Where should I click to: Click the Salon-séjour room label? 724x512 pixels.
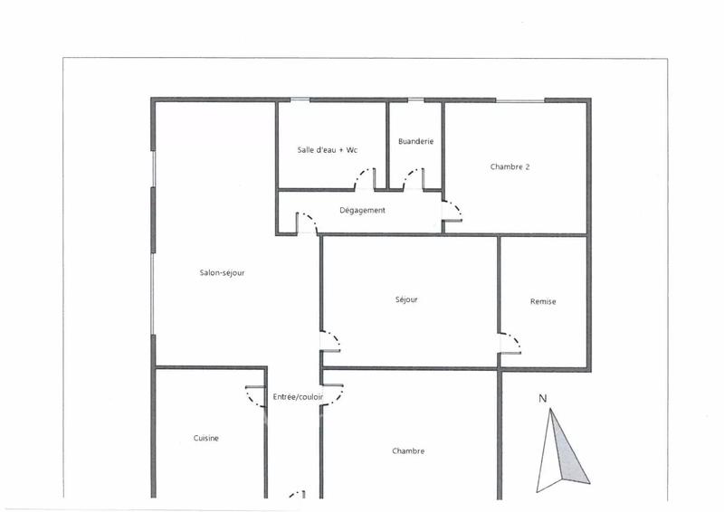coord(224,272)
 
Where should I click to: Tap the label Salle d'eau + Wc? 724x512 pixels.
coord(328,149)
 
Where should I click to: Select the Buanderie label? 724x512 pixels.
coord(415,141)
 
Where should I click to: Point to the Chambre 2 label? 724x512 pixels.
coord(510,166)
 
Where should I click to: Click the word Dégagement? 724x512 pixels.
coord(362,211)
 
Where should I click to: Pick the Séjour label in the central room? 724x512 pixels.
coord(407,299)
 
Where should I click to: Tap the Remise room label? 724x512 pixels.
coord(543,301)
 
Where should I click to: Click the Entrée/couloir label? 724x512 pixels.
coord(298,397)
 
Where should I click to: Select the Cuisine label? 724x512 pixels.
coord(205,438)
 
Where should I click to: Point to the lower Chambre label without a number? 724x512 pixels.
coord(408,450)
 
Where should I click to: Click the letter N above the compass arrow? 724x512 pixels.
coord(542,397)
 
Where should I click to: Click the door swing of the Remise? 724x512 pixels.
coord(512,344)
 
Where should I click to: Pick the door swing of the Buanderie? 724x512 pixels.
coord(413,177)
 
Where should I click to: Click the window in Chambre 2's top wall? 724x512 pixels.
coord(519,100)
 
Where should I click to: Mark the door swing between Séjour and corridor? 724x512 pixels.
coord(331,343)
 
